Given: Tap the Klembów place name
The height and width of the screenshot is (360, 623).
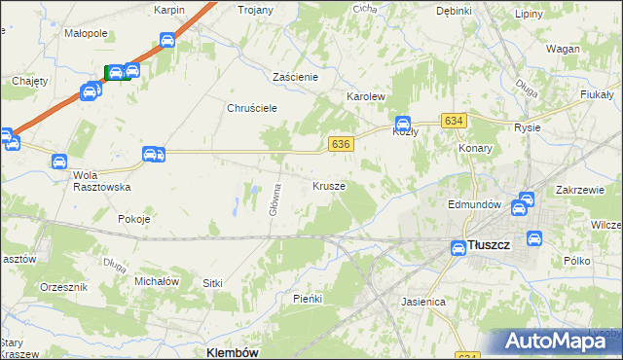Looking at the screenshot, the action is (x=233, y=352).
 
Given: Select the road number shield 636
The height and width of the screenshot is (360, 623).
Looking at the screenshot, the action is (x=340, y=143).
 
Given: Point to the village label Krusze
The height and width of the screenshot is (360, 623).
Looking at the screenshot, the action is (x=329, y=185).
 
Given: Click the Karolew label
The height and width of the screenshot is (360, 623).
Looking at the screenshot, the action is (x=367, y=97).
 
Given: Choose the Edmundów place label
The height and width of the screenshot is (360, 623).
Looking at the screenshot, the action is (x=474, y=205).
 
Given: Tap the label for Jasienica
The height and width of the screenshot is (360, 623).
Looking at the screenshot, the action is (x=423, y=302).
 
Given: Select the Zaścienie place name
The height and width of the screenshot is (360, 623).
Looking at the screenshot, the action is (x=296, y=76).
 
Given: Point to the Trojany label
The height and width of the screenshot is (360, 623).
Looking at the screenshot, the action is (x=256, y=10).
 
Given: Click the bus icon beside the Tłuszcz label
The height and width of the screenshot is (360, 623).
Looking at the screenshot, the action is (x=458, y=248).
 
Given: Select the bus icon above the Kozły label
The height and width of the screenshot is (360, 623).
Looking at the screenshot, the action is (x=401, y=122).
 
